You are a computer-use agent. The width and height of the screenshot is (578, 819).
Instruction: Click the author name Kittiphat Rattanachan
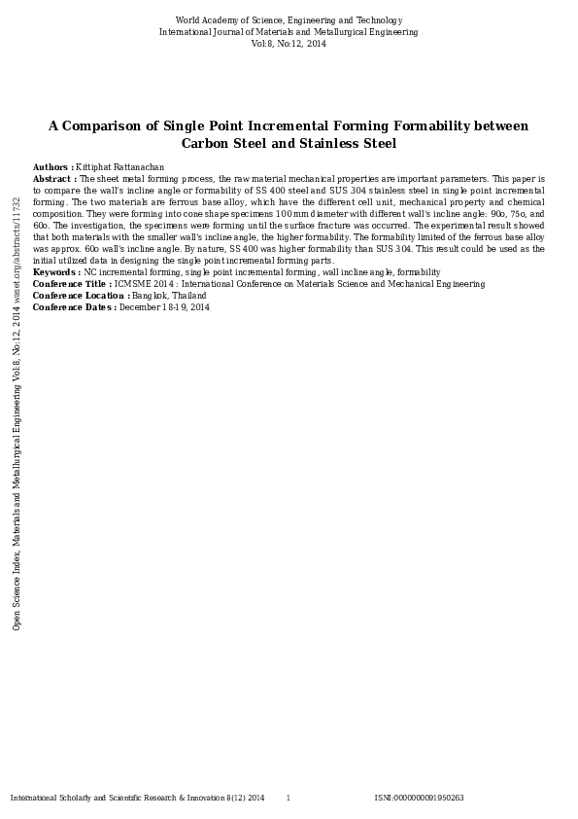coord(115,167)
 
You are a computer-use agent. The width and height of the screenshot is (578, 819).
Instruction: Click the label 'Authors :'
coord(52,167)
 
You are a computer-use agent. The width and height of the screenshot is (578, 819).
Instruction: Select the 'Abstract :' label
coord(54,179)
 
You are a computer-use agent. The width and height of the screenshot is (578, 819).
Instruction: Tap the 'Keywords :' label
coord(56,272)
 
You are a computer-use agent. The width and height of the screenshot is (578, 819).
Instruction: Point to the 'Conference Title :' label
coord(72,284)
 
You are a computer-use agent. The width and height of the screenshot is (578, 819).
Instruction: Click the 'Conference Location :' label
coord(82,296)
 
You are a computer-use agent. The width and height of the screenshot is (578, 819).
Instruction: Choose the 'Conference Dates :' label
coord(75,307)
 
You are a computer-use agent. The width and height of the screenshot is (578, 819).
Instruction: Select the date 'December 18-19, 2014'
coord(164,307)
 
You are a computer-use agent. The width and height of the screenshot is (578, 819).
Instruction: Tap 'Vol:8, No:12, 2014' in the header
coord(289,44)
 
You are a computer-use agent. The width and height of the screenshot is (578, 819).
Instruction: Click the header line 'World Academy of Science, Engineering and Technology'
coord(289,20)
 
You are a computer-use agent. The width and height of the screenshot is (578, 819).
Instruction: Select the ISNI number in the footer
coord(419,798)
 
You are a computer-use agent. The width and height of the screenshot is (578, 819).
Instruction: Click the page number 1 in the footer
coord(288,798)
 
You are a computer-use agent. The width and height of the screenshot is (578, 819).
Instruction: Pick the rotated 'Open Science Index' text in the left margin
coord(17,590)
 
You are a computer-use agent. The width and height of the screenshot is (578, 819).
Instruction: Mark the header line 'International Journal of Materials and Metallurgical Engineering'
coord(289,32)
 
